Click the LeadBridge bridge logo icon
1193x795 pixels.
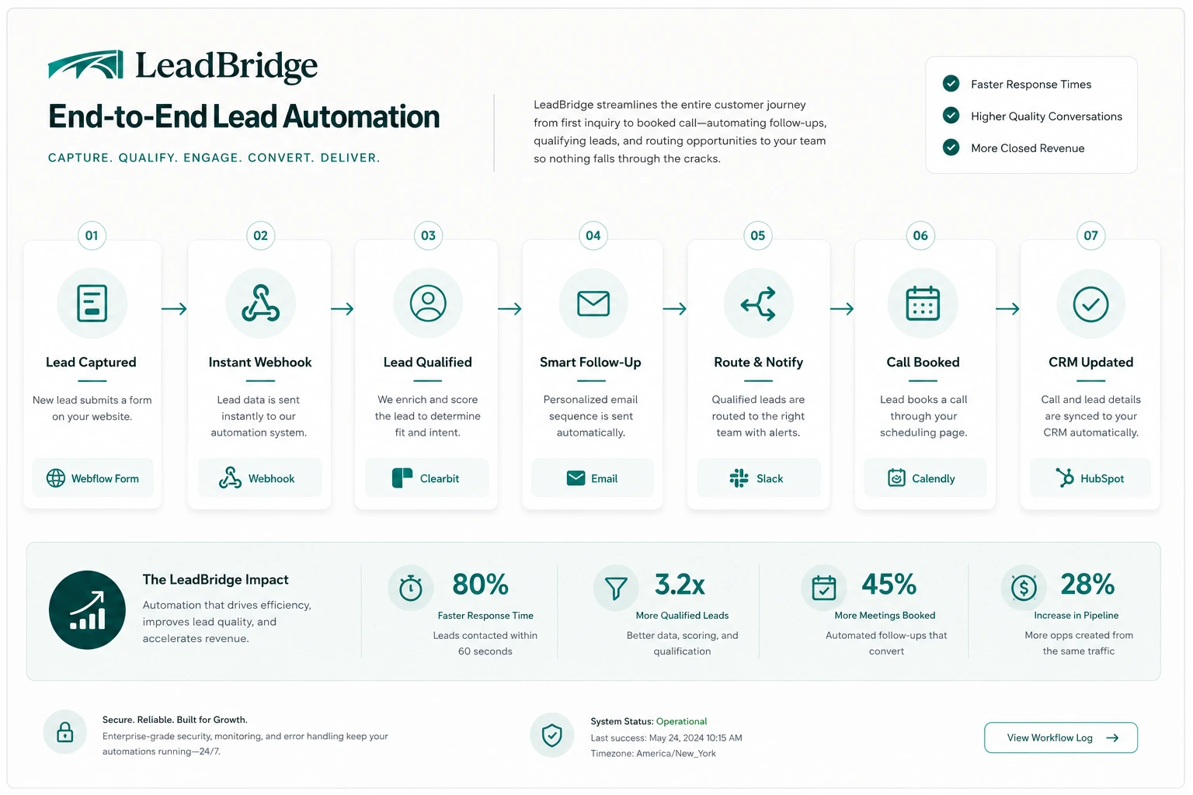[85, 64]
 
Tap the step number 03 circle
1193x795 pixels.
[428, 235]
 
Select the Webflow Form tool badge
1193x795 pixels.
[92, 478]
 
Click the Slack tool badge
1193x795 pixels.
[758, 478]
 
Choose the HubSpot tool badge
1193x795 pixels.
[1090, 478]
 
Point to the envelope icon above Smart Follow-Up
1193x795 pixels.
[593, 304]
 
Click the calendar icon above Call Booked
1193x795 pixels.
[923, 303]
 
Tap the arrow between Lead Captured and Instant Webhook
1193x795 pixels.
[174, 308]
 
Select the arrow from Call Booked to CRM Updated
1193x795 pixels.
[1007, 308]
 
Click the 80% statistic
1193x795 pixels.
[481, 584]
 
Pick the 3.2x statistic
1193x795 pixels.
[680, 584]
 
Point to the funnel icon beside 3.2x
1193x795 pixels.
[616, 588]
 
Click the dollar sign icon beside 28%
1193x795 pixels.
[1024, 588]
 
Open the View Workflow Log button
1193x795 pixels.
[1061, 738]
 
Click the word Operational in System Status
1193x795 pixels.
[681, 721]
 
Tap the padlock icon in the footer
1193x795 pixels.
[65, 732]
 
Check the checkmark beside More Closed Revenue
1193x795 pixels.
[951, 148]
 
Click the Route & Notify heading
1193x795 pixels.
[758, 362]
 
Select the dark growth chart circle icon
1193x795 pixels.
[87, 609]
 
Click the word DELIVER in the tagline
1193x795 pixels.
[350, 158]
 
